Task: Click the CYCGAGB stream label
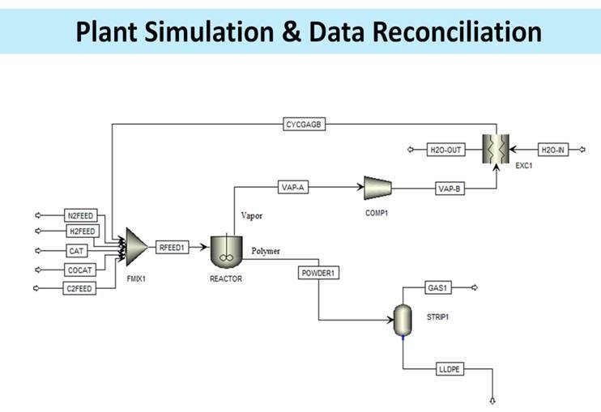(305, 125)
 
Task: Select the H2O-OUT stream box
(446, 150)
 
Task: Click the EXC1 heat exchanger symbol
(494, 149)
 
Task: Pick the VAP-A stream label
(292, 188)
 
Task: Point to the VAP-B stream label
(449, 188)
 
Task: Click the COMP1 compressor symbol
(377, 189)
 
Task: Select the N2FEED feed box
(81, 215)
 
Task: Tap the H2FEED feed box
(81, 231)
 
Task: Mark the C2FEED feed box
(80, 288)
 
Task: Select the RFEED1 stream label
(173, 248)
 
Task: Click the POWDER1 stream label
(318, 273)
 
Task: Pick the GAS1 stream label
(438, 288)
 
